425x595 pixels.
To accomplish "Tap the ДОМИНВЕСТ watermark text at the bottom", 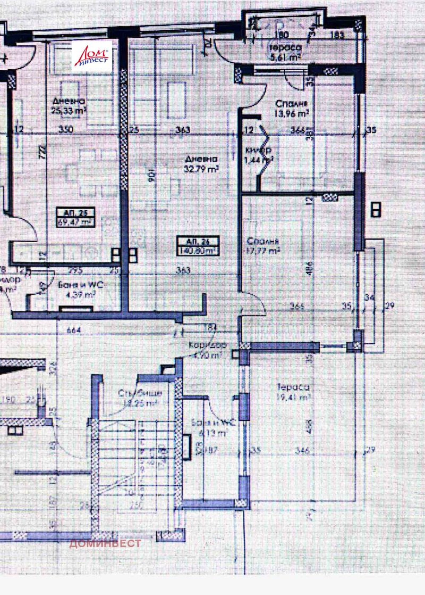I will [x=105, y=543].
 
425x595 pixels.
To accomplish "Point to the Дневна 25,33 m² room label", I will [x=69, y=106].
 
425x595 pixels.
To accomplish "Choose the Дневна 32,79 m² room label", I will [x=202, y=164].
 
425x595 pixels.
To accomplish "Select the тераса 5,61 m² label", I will [x=285, y=53].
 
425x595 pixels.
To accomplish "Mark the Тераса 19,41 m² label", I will [x=292, y=392].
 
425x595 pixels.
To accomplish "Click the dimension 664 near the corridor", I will [x=74, y=330].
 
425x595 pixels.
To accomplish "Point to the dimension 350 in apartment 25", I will [x=66, y=129].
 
